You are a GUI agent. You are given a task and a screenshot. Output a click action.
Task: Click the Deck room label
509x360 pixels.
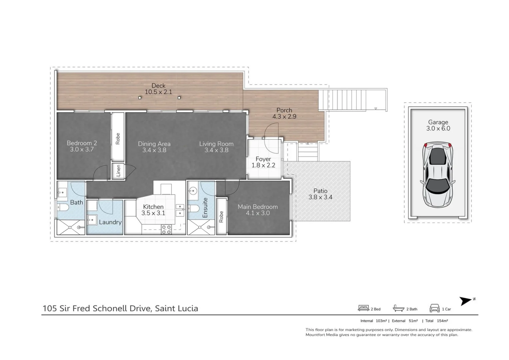click(158, 86)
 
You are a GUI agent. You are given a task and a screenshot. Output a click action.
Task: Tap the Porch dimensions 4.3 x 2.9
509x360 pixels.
click(284, 117)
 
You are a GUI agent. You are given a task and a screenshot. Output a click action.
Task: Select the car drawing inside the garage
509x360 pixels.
click(438, 174)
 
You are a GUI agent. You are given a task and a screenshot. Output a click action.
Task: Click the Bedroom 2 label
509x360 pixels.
click(82, 143)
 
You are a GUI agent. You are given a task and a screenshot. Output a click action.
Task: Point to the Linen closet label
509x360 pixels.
click(118, 171)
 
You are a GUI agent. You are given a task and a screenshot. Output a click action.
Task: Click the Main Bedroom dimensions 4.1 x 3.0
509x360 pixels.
click(257, 213)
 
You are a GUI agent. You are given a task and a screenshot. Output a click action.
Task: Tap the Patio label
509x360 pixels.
click(320, 191)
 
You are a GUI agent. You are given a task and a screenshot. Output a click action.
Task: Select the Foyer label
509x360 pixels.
click(263, 159)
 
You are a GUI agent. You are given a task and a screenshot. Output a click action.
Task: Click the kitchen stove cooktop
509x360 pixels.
click(166, 229)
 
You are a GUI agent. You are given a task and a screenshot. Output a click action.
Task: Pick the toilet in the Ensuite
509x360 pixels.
click(194, 209)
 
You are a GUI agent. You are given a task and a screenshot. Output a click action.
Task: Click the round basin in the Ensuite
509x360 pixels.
click(193, 191)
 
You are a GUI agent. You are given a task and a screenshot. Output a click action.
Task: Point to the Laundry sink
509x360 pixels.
click(92, 220)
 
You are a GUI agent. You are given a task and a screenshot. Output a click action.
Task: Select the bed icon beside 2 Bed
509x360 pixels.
click(363, 308)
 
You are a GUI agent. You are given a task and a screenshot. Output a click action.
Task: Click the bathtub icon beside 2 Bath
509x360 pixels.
click(398, 308)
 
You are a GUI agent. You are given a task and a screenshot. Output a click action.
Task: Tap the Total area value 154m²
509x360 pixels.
click(442, 321)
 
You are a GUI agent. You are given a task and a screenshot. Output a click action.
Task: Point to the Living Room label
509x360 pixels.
click(216, 144)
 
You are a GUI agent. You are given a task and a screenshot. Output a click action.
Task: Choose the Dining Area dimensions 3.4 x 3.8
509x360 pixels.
click(154, 150)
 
